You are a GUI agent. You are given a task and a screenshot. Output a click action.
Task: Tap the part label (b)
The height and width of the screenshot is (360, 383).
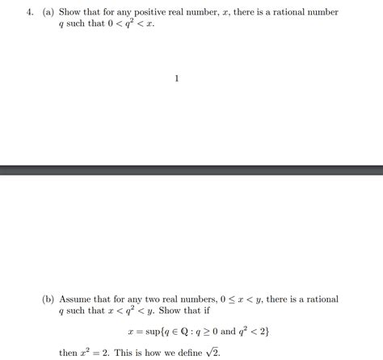click(49, 299)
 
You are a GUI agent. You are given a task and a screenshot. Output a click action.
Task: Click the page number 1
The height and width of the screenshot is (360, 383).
click(177, 78)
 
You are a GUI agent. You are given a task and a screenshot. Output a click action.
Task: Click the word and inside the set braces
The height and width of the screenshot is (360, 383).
click(230, 332)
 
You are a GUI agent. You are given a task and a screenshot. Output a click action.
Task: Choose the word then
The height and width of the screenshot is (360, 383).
click(69, 353)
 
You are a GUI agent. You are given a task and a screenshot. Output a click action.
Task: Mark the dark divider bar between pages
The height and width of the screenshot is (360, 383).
click(191, 171)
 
